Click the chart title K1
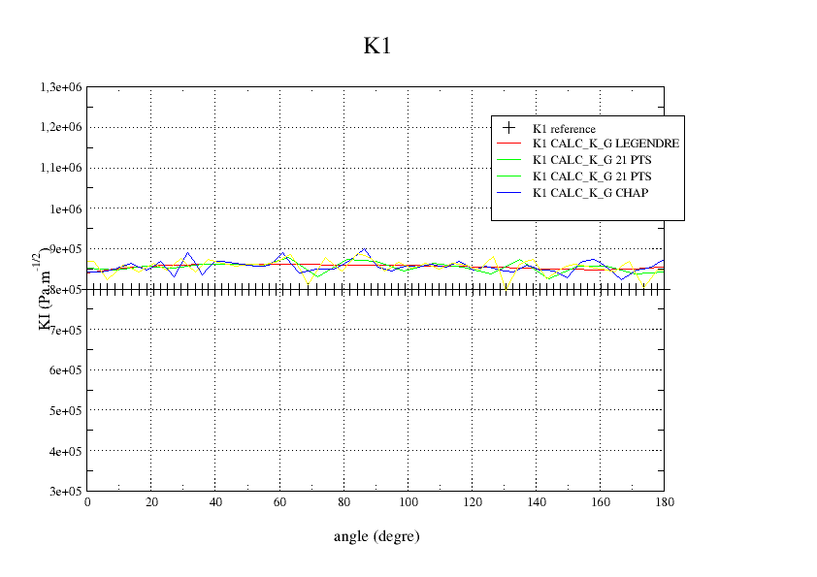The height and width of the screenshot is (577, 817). click(377, 46)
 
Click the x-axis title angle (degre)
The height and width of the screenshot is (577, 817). click(376, 535)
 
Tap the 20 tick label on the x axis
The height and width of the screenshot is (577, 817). click(151, 502)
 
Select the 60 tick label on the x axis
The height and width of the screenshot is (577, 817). click(279, 502)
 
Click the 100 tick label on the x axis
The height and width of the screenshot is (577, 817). click(408, 502)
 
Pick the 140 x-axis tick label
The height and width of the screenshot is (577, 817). click(536, 502)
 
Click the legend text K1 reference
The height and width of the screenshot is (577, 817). click(564, 128)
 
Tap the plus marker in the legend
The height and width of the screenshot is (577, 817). click(507, 127)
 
